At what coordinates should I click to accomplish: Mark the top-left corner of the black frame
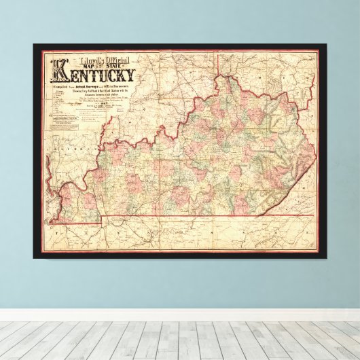pos(34,44)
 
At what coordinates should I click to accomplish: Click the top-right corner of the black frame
pos(327,44)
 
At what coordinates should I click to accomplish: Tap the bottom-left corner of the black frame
pos(34,258)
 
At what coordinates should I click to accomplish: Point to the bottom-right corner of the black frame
pos(327,258)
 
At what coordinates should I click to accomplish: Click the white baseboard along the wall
pos(180,314)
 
